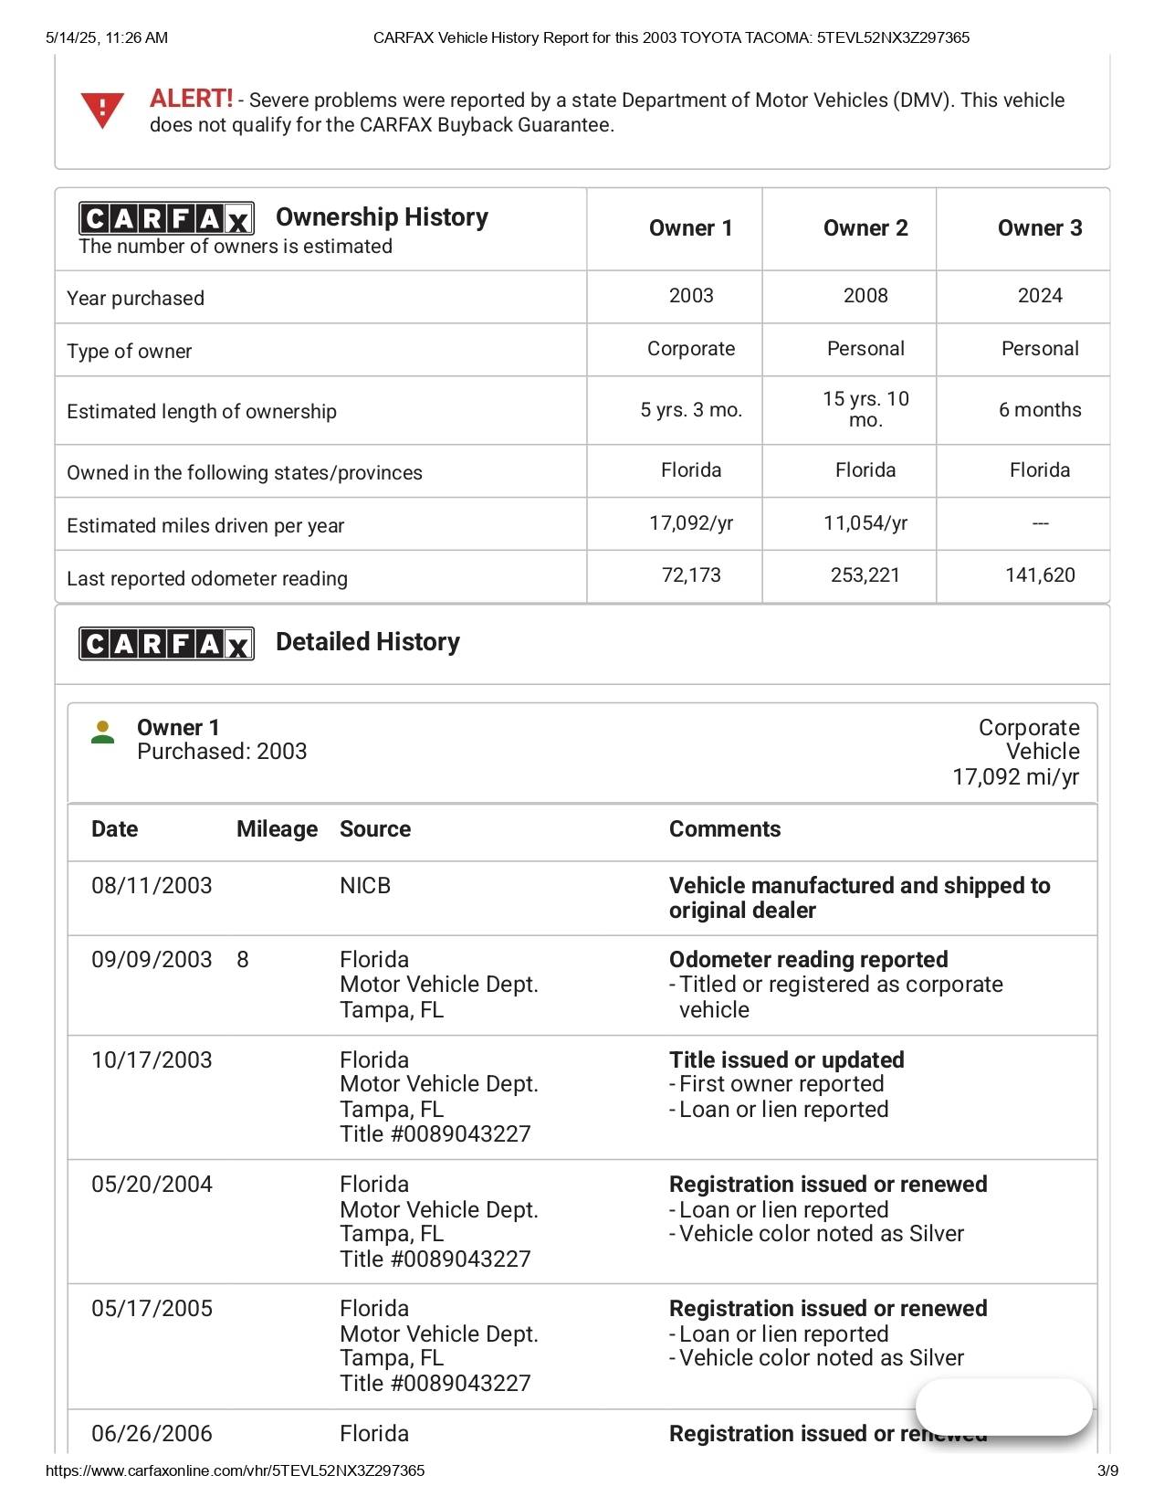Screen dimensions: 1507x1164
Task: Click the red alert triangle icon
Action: [102, 111]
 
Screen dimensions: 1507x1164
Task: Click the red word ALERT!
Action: [191, 99]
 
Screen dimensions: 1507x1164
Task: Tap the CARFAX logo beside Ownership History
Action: [166, 218]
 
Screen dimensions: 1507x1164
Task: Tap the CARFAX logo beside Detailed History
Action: [166, 643]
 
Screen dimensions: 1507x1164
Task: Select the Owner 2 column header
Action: [865, 228]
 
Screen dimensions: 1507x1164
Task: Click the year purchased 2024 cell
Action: [1039, 296]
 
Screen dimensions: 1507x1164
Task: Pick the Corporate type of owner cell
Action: [690, 349]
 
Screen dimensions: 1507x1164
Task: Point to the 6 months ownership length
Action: [1039, 410]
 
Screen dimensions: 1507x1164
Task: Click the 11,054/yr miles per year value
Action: [865, 523]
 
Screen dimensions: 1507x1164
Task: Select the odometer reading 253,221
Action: [865, 575]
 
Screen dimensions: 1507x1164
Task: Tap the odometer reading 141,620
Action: [1039, 575]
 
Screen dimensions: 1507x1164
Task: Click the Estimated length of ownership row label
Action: [202, 412]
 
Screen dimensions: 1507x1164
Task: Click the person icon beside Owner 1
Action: [103, 732]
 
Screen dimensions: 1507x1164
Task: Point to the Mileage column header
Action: [277, 829]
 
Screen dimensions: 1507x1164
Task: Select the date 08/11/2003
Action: [152, 886]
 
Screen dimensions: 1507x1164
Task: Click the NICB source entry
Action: [365, 886]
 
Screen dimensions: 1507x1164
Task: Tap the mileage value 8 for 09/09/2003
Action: [243, 960]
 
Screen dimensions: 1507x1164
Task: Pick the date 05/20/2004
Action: [152, 1185]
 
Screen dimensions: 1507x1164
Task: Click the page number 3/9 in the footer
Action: [1107, 1470]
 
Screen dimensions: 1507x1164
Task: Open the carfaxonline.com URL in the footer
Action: [235, 1470]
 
